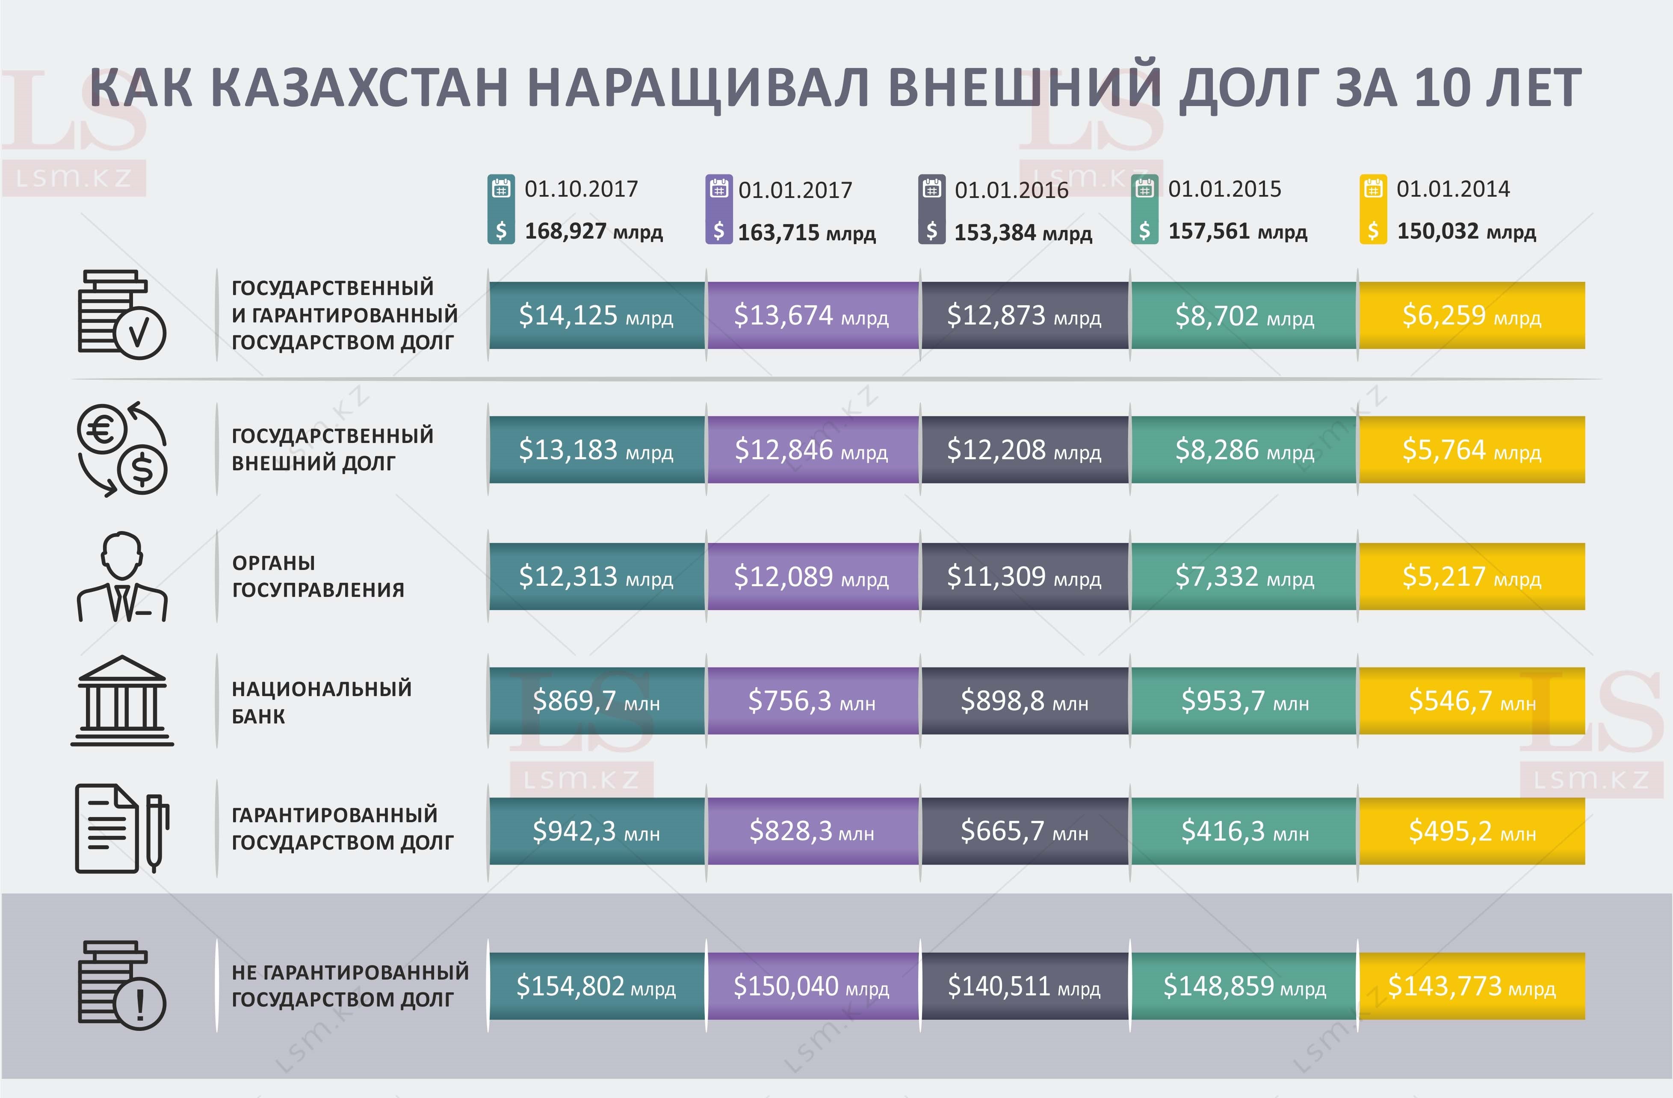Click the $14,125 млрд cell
coord(596,316)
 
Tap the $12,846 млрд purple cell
coord(812,450)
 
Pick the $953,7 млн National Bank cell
coord(1244,701)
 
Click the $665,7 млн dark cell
coord(1024,831)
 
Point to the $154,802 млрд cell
coord(596,986)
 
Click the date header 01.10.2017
coord(581,189)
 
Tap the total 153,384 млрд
coord(1023,232)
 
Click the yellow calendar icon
coord(1373,189)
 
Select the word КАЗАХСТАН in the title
coord(358,89)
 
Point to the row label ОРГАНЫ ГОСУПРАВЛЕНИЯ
coord(318,576)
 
